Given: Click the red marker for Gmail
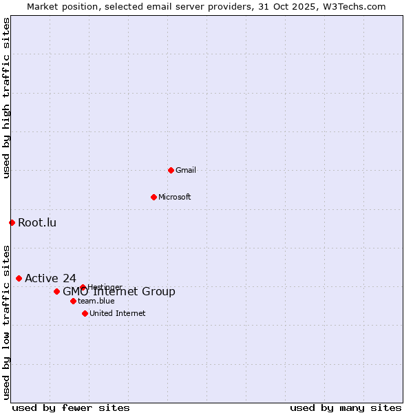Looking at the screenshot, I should coord(171,170).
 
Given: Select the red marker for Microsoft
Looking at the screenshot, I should coord(153,197).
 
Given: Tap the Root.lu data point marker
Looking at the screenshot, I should coord(12,222).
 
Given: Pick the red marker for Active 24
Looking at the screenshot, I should coord(19,278).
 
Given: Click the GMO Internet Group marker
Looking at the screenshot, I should coord(56,291).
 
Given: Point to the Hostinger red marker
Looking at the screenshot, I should coord(83,287).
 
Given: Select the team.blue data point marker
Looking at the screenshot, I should coord(73,301).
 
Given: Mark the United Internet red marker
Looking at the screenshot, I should coord(85,313).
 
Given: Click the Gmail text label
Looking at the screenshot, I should coord(186,170).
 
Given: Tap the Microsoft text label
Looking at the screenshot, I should coord(175,197).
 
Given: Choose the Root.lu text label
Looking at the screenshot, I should coord(37,222).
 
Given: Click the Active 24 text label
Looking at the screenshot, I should coord(50,278).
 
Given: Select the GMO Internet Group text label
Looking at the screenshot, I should coord(119,292).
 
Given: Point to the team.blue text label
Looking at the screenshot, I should coord(96,301).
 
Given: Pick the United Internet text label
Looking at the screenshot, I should coord(118,313).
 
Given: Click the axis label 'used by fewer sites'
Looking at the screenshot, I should coord(71,407).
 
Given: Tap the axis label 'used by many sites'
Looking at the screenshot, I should coord(346,407).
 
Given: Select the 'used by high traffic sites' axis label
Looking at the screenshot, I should coord(6,98).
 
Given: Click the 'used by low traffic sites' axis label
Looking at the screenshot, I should coord(6,322).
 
